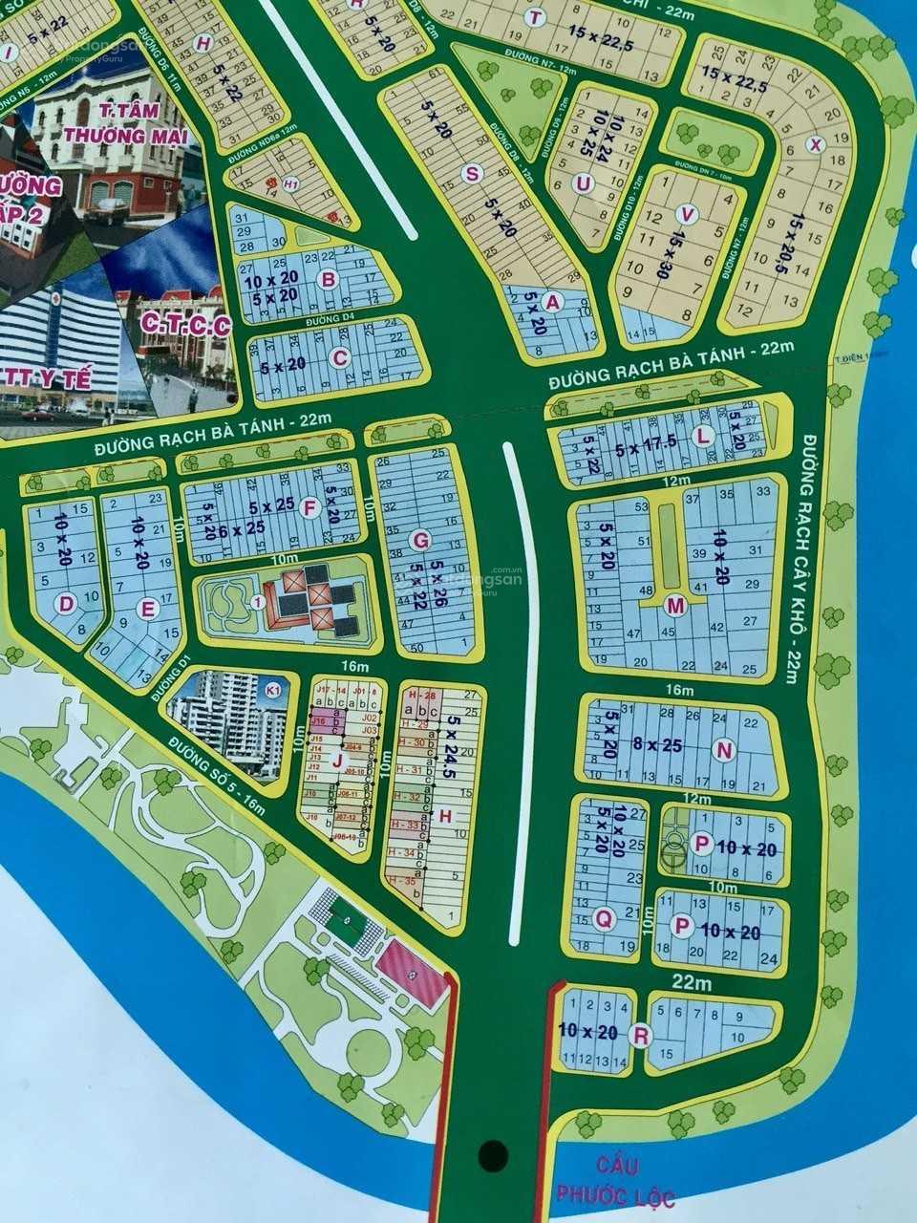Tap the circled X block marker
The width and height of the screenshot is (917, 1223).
815,144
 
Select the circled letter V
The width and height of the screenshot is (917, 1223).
684,214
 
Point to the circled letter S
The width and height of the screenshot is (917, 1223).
471,173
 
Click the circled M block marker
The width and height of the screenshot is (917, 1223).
676,605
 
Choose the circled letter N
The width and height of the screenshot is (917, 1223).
724,751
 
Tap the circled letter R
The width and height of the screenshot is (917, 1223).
642,1035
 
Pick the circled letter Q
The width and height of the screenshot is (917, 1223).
603,919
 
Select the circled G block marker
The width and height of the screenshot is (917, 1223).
418,541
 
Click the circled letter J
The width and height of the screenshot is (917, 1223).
336,760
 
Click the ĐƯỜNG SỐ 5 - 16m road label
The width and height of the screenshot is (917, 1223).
216,761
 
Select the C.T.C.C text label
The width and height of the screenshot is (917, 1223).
185,326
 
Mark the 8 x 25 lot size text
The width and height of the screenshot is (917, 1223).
657,745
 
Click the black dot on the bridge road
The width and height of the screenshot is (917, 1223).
493,1155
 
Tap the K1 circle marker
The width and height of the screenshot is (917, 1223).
273,690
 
